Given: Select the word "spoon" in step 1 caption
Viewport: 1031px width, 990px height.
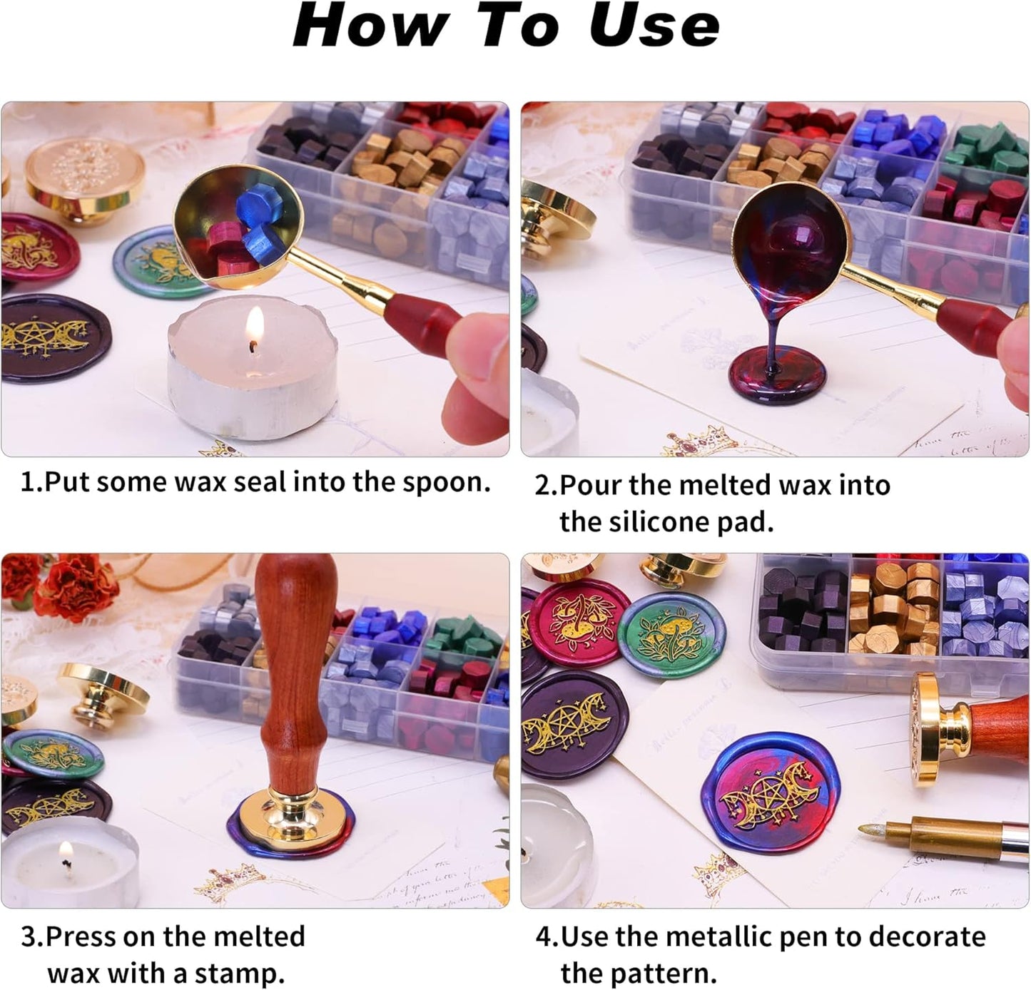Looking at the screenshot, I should click(447, 483).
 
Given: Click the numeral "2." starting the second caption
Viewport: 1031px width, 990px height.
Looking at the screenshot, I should click(546, 486).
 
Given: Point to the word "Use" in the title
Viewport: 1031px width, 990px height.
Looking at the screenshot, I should click(653, 26).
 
